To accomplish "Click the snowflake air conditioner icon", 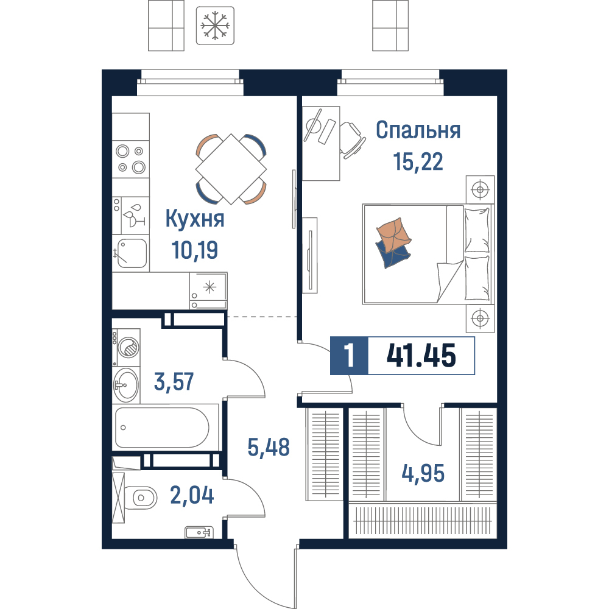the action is (215, 25).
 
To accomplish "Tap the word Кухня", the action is (195, 219).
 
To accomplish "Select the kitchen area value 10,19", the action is (195, 250).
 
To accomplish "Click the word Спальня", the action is (418, 130).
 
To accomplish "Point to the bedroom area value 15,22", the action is (418, 161).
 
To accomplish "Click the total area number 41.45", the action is (421, 356).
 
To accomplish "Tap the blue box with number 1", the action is (349, 356).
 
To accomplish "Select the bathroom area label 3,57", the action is (174, 381).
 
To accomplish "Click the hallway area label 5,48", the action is (269, 447).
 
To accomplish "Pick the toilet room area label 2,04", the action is (192, 495).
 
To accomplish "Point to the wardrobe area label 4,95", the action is (423, 473).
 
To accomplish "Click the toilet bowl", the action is (144, 498).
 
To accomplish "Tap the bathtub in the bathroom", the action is (162, 428).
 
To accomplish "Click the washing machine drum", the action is (128, 347).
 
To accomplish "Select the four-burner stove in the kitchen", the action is (130, 159).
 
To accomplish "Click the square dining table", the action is (231, 169).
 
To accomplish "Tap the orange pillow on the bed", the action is (393, 234).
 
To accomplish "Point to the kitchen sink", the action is (132, 253).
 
